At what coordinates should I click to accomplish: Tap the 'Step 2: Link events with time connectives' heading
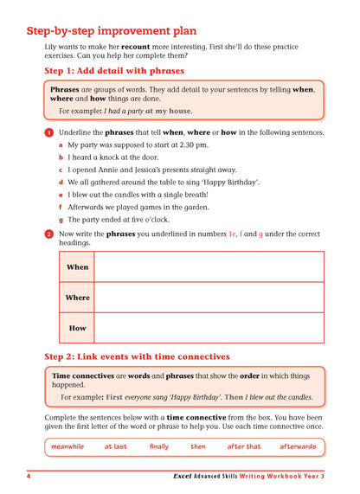coord(137,356)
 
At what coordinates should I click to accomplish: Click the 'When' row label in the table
coord(77,267)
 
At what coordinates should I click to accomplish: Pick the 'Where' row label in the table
coord(77,298)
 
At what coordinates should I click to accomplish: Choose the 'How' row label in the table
coord(77,328)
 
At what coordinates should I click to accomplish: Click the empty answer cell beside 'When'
coord(209,267)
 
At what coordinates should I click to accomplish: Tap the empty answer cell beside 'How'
coord(209,328)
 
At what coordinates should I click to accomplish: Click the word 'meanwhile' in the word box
coord(67,446)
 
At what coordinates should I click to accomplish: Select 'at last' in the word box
coord(115,446)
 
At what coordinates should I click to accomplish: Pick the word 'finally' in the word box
coord(159,446)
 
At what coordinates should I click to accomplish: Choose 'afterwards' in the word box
coord(298,446)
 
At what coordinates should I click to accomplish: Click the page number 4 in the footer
coord(29,477)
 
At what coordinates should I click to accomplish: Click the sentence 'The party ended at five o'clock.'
coord(120,220)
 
